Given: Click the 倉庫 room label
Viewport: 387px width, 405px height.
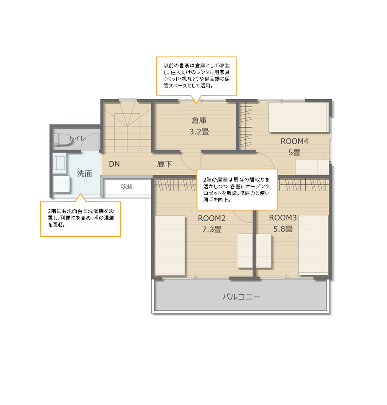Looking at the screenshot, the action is [x=199, y=120].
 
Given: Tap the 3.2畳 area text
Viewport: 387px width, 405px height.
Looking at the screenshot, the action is [x=199, y=132].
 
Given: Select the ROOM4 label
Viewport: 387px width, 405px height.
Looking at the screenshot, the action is [x=294, y=141].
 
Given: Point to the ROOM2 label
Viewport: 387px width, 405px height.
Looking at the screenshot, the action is [x=212, y=218].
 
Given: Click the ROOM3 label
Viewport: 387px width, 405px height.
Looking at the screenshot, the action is [x=283, y=218].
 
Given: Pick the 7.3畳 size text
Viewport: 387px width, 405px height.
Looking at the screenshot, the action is [x=212, y=229].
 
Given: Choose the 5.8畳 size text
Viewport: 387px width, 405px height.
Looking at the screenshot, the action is [x=283, y=229].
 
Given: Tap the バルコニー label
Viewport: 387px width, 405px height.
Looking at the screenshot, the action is [x=241, y=297].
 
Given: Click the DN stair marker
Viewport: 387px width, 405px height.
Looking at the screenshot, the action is [x=114, y=164].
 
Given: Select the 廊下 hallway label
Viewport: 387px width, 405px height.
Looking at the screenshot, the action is [x=165, y=164].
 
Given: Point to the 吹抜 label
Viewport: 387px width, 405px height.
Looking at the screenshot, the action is [x=127, y=186].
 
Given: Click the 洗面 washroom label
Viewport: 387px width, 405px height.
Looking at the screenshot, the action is [x=84, y=174].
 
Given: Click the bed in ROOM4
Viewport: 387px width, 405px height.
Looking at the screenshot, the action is [x=299, y=118].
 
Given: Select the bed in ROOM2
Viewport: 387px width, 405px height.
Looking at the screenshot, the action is [x=170, y=245].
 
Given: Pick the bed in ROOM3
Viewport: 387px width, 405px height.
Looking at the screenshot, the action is [x=313, y=245].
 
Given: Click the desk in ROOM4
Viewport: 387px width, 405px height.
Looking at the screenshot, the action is [x=312, y=167].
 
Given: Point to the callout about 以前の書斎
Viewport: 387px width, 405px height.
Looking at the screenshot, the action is [x=196, y=76].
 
